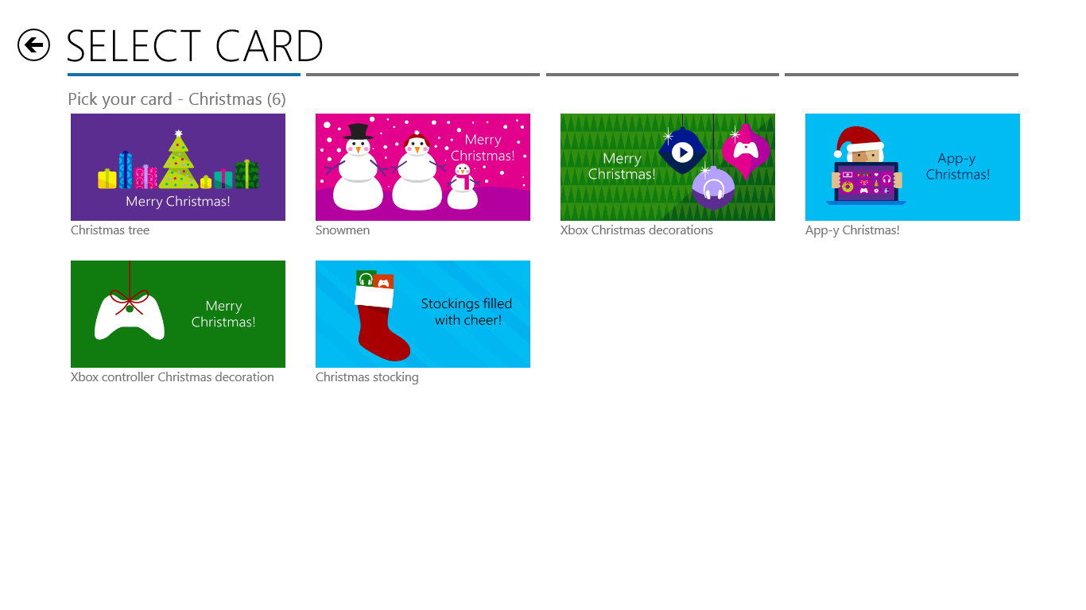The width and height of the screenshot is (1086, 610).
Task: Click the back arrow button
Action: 33,45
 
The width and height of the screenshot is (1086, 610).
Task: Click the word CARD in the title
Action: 269,46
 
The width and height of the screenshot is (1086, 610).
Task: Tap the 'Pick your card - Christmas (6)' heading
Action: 176,99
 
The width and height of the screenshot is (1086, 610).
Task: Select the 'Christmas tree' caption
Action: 110,230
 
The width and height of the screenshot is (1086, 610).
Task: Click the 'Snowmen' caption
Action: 343,230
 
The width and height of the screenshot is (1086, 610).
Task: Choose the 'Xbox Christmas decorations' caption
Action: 637,230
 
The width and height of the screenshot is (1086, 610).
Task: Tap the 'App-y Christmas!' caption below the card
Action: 852,230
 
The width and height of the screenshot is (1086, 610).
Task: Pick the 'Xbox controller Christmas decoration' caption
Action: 172,377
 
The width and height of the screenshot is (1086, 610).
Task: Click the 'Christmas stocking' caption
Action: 367,377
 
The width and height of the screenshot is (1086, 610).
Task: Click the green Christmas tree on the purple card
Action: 178,162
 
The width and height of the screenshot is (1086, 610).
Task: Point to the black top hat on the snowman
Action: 358,131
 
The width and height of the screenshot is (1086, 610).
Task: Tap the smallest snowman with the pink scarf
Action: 462,187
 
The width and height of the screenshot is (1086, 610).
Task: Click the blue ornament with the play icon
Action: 682,151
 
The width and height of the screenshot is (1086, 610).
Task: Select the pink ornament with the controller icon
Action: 746,151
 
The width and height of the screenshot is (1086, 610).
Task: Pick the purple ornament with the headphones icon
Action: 713,188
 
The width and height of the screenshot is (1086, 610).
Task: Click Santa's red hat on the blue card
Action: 859,140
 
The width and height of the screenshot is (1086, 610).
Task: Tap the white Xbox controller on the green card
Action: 130,318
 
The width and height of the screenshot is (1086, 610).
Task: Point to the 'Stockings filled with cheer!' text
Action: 467,312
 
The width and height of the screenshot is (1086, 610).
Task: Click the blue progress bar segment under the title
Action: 184,75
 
